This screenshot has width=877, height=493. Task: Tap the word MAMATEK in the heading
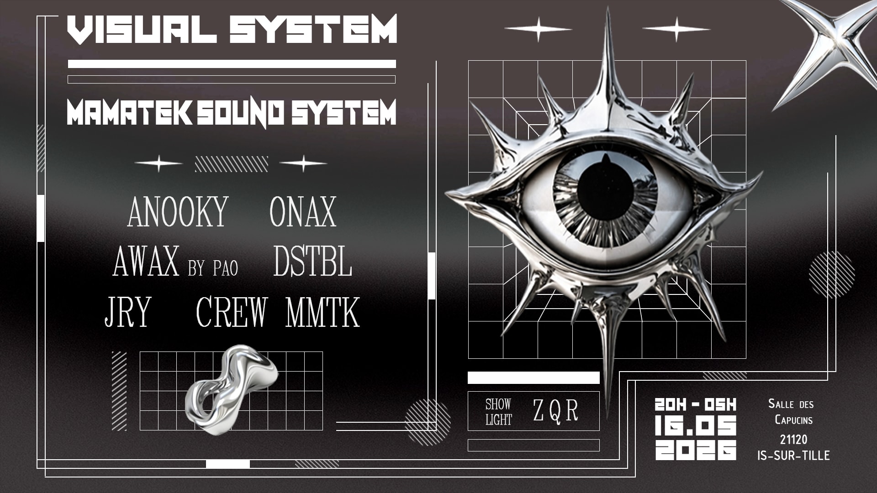tap(129, 112)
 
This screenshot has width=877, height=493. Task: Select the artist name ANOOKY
tap(178, 212)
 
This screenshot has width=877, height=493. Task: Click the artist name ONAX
tap(303, 212)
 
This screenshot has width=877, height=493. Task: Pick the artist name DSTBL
tap(313, 262)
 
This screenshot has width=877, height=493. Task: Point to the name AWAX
tap(146, 262)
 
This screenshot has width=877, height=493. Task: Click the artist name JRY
tap(128, 312)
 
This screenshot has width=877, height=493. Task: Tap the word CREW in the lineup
tap(232, 312)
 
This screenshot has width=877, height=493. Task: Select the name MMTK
tap(322, 312)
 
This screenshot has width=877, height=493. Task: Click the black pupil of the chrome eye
tap(606, 192)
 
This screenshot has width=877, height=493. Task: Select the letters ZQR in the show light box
tap(555, 410)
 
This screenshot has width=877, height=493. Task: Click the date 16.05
tap(695, 425)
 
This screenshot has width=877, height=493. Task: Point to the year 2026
tap(695, 450)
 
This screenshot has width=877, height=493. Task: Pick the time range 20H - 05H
tap(695, 404)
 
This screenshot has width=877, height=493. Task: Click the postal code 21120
tap(793, 440)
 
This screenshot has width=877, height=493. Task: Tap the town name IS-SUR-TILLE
tap(793, 455)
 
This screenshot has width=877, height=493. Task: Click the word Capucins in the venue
tap(793, 420)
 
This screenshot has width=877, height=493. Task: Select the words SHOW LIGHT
tap(498, 412)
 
